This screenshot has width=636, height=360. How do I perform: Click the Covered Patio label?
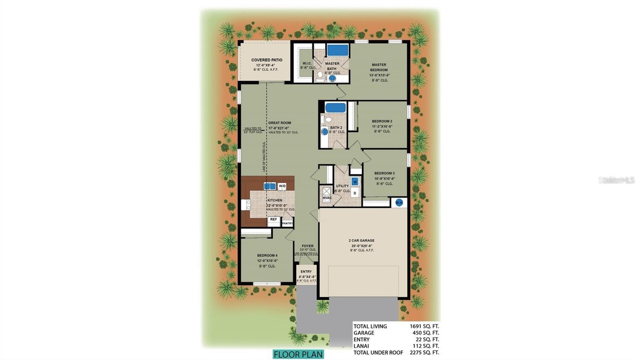click(267, 60)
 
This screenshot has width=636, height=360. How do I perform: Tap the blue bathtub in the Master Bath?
click(337, 50)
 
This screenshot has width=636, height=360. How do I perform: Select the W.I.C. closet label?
click(306, 64)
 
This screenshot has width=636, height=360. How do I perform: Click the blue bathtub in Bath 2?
click(335, 108)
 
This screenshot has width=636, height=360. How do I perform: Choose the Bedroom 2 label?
click(382, 121)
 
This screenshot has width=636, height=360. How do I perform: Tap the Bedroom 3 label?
click(384, 173)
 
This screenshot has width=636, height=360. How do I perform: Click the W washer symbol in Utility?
click(355, 182)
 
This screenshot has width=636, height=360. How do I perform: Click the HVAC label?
click(327, 198)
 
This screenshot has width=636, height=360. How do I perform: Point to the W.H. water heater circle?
click(399, 203)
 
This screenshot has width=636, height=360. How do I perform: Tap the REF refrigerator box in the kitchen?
click(273, 219)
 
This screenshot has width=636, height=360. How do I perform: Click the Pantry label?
click(287, 223)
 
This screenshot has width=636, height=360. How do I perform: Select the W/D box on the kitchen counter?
click(282, 186)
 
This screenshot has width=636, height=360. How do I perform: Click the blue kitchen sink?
click(270, 186)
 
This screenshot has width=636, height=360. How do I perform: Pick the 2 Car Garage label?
click(361, 240)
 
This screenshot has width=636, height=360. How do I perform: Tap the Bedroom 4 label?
click(267, 255)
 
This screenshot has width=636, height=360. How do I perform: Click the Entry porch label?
click(306, 272)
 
